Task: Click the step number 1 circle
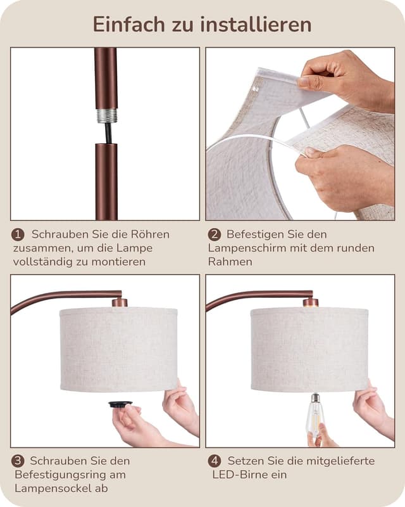[18, 234]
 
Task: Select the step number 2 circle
[214, 234]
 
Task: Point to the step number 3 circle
[18, 461]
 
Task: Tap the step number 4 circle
[214, 461]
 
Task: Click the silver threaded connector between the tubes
[106, 116]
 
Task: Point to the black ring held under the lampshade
[120, 404]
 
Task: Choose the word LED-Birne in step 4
[238, 475]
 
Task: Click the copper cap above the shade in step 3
[120, 302]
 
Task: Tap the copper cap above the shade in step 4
[310, 302]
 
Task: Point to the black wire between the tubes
[108, 133]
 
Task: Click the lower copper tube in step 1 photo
[106, 181]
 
